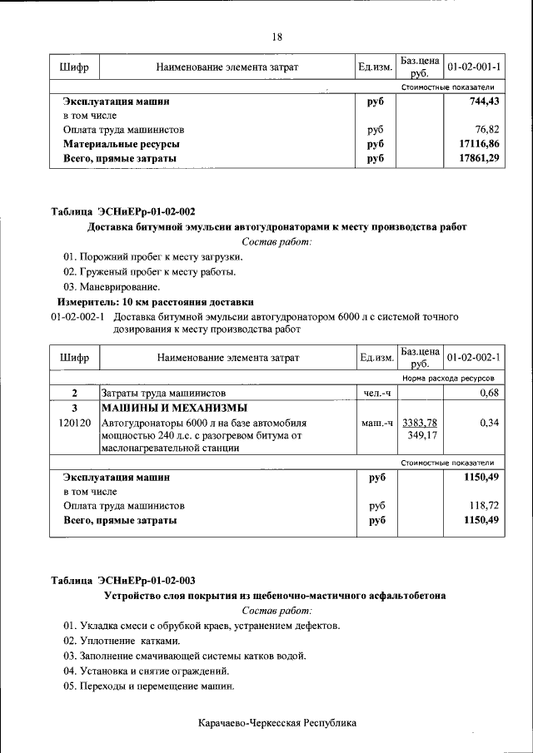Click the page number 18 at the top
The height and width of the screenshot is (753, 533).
tap(277, 37)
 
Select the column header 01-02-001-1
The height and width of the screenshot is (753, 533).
tap(473, 66)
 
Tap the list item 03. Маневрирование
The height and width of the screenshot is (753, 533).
tap(112, 286)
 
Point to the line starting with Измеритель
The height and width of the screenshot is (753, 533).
tap(154, 301)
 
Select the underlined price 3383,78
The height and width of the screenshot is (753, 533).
tap(420, 423)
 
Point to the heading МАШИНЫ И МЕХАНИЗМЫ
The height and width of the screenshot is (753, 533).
tap(174, 409)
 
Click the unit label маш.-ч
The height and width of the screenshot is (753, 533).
tap(376, 423)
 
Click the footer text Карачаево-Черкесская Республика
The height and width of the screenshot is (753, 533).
tap(277, 723)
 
